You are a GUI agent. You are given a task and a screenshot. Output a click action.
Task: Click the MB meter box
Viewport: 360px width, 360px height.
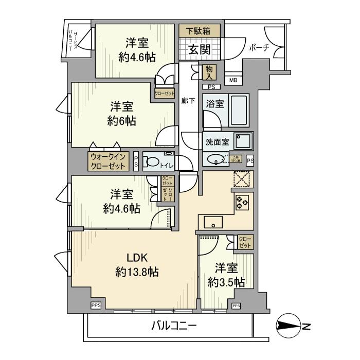pyautogui.click(x=233, y=80)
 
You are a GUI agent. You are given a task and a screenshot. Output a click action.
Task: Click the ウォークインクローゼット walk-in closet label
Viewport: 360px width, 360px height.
pyautogui.click(x=108, y=161)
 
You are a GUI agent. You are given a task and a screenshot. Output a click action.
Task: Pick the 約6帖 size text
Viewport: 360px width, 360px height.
pyautogui.click(x=122, y=121)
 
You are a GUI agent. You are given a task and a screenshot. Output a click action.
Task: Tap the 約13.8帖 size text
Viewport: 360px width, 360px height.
pyautogui.click(x=136, y=272)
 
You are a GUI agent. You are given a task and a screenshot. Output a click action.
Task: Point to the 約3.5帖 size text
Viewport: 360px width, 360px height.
pyautogui.click(x=226, y=282)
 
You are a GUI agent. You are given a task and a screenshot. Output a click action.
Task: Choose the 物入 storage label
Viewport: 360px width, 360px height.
pyautogui.click(x=210, y=71)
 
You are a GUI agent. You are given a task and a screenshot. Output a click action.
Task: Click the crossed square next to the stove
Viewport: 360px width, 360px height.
pyautogui.click(x=241, y=179)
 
